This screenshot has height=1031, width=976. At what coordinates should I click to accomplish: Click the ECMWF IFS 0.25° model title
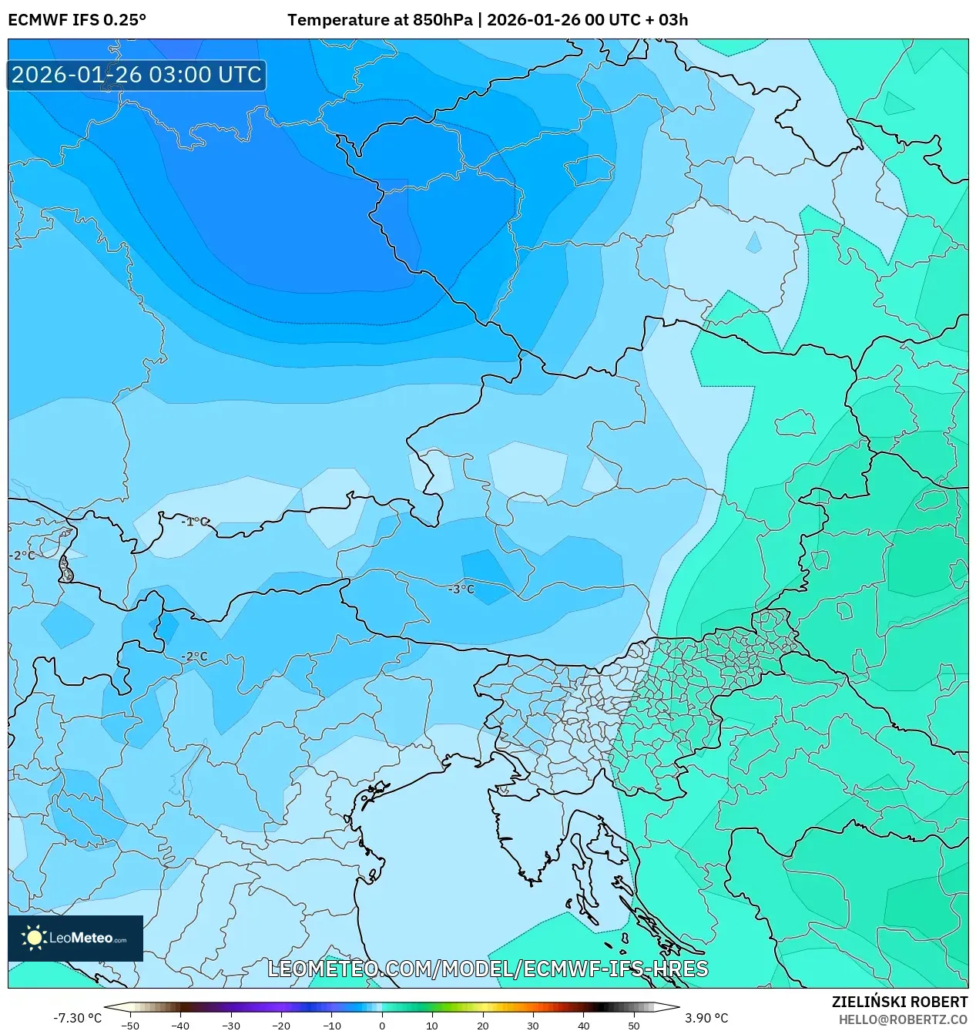77,20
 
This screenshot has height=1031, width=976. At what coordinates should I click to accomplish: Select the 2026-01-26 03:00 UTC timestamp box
136,75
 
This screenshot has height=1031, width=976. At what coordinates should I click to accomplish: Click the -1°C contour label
194,522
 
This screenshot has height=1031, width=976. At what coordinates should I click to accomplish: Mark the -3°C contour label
461,589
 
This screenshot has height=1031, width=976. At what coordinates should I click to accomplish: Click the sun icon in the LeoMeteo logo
35,938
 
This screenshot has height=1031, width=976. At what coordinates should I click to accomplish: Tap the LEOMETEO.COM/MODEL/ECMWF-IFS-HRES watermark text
488,969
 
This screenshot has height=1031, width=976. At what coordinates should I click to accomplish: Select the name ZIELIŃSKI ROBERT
899,1002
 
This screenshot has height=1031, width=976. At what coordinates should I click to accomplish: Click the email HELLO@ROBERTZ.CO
903,1019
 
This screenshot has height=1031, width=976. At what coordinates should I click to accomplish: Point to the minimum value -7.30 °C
77,1018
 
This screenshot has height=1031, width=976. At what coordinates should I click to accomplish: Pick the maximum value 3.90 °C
706,1018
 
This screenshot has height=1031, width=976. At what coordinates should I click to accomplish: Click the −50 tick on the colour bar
130,1026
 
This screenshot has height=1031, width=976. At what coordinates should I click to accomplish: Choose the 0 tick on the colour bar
382,1026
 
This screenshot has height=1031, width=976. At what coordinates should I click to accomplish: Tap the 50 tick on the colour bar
633,1026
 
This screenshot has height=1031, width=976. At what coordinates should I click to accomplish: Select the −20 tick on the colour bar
281,1026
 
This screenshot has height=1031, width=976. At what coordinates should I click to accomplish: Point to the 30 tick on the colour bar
533,1026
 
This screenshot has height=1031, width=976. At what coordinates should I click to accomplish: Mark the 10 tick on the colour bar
432,1026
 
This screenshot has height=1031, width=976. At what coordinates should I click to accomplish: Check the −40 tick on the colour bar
180,1026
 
